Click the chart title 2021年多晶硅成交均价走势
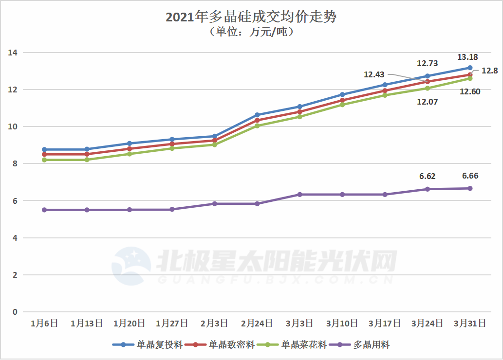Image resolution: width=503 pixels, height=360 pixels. (x=251, y=18)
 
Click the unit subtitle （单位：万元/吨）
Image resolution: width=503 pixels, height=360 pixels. (x=251, y=33)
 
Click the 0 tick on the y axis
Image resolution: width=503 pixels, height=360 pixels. (x=15, y=312)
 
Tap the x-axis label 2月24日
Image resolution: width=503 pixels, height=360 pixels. (x=257, y=323)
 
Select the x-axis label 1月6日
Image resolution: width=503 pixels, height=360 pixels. (x=44, y=323)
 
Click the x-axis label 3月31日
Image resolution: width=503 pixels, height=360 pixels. (x=470, y=323)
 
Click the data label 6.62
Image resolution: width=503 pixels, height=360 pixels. (x=428, y=177)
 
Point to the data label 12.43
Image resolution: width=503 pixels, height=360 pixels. (x=374, y=75)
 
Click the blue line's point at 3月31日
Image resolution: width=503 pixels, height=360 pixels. (x=470, y=68)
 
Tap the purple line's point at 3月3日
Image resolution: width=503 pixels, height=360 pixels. (x=300, y=195)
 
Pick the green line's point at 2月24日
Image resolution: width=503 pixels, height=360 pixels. (x=257, y=126)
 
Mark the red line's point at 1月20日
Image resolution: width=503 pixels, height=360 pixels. (x=130, y=149)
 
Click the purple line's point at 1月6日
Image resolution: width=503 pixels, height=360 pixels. (x=44, y=210)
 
